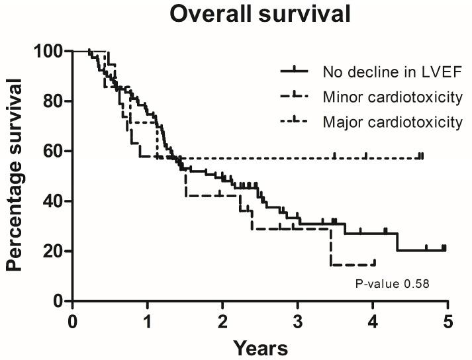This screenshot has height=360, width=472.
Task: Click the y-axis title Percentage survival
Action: coord(16,176)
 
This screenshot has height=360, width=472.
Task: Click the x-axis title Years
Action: coord(260,347)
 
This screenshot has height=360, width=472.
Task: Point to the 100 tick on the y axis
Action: coord(49,51)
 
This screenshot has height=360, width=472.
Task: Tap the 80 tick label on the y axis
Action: coord(53,101)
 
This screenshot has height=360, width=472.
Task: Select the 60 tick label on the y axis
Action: coord(53,151)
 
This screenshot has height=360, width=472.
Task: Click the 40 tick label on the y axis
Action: coord(53,201)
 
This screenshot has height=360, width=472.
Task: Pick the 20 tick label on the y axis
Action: coord(53,251)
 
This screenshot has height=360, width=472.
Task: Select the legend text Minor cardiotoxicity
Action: coord(392,97)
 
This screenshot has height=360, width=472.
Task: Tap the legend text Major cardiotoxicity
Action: coord(392,122)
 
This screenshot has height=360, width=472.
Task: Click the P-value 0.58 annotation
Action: coord(393,285)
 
